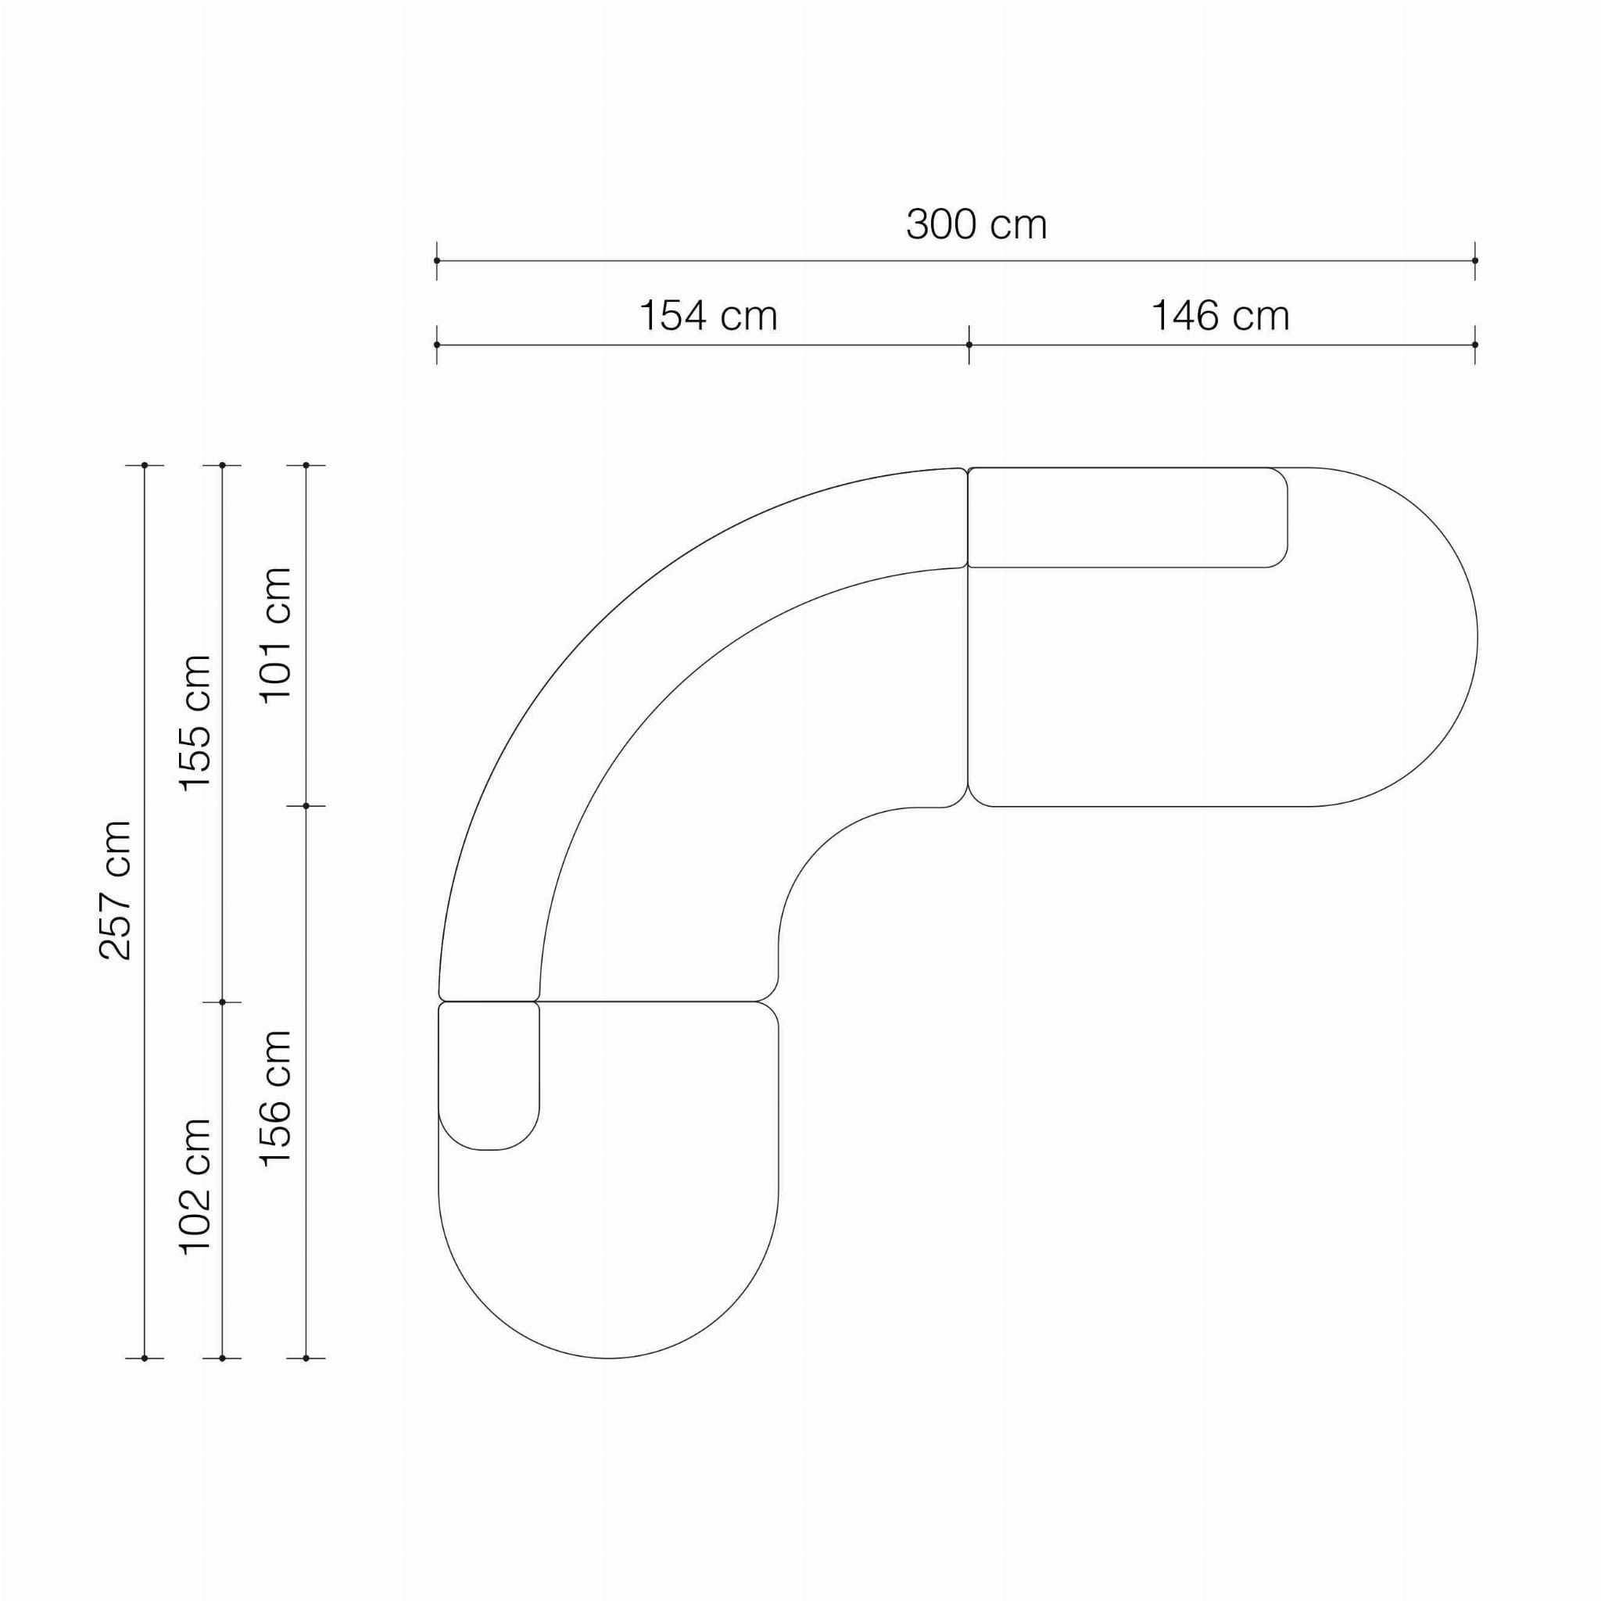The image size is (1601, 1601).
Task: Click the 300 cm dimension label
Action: pos(976,224)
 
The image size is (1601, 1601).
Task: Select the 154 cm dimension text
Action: pos(708,316)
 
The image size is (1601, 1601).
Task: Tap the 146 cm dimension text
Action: pos(1220,316)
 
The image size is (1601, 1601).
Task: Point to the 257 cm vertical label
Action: pos(115,891)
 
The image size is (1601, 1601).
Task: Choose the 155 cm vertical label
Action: pos(196,722)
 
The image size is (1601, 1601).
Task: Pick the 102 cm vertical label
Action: pos(196,1187)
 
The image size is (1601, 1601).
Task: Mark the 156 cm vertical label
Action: pos(277,1099)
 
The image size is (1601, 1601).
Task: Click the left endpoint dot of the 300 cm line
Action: pos(437,261)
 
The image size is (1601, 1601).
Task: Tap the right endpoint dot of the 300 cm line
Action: pos(1475,261)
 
